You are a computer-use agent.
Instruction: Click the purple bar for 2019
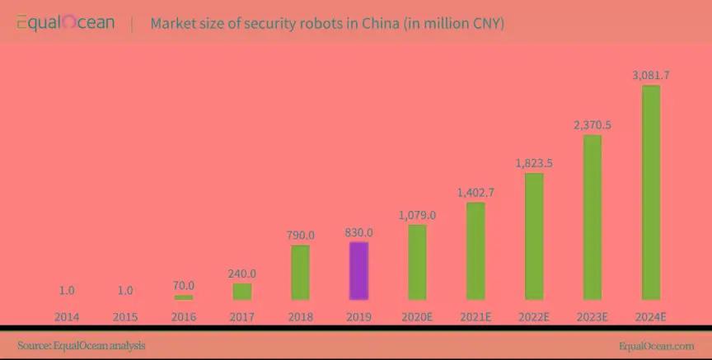pos(358,271)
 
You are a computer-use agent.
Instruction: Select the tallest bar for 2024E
pos(651,192)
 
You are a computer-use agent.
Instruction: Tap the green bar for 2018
pos(300,273)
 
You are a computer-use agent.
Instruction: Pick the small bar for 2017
pos(241,292)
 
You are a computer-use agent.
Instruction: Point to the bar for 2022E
pos(534,236)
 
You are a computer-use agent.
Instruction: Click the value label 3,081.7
pos(651,75)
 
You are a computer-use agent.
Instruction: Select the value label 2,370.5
pos(593,125)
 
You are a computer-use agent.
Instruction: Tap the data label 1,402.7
pos(475,192)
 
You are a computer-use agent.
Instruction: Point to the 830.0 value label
pos(358,232)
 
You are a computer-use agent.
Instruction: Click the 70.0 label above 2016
pos(183,285)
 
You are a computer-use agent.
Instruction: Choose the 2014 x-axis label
pos(67,316)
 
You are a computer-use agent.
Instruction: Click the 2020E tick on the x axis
pos(417,316)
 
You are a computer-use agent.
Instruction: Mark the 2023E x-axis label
pos(593,316)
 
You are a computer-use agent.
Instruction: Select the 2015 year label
pos(124,316)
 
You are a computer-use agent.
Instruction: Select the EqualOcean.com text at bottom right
pos(656,346)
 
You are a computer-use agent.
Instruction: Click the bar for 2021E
pos(475,251)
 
